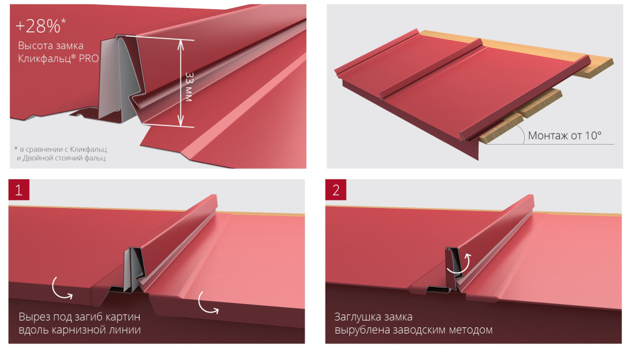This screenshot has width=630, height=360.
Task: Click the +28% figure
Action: tap(38, 26)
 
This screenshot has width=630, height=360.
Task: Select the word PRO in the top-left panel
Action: tap(89, 58)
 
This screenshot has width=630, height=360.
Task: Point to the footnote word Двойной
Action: tap(39, 158)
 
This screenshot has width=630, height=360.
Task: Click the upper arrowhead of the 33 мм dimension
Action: tap(181, 44)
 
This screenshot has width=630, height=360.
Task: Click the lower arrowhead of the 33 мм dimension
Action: tap(181, 121)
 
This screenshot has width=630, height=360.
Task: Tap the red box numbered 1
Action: tap(19, 190)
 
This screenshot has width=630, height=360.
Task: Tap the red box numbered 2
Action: tap(336, 190)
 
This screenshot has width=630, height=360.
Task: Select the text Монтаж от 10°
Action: tap(565, 135)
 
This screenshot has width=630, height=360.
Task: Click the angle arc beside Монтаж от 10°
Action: tap(522, 134)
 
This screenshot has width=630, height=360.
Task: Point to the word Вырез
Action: tap(34, 317)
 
